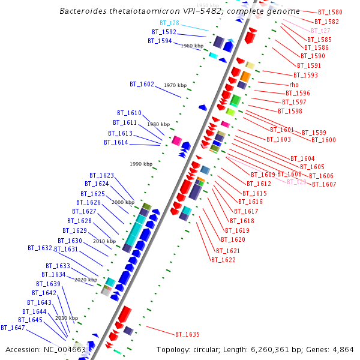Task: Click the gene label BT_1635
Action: (187, 334)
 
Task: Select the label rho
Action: (293, 85)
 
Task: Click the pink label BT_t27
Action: (320, 31)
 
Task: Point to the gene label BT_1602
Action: (142, 85)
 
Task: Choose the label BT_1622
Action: (223, 260)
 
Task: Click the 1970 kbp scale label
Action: (175, 85)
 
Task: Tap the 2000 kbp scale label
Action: (124, 202)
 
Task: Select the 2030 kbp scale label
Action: (67, 318)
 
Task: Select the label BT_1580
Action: (330, 12)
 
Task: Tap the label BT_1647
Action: (13, 328)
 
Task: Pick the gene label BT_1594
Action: (160, 41)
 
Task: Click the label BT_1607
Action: (324, 184)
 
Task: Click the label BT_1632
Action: (40, 248)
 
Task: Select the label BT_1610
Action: (129, 113)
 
